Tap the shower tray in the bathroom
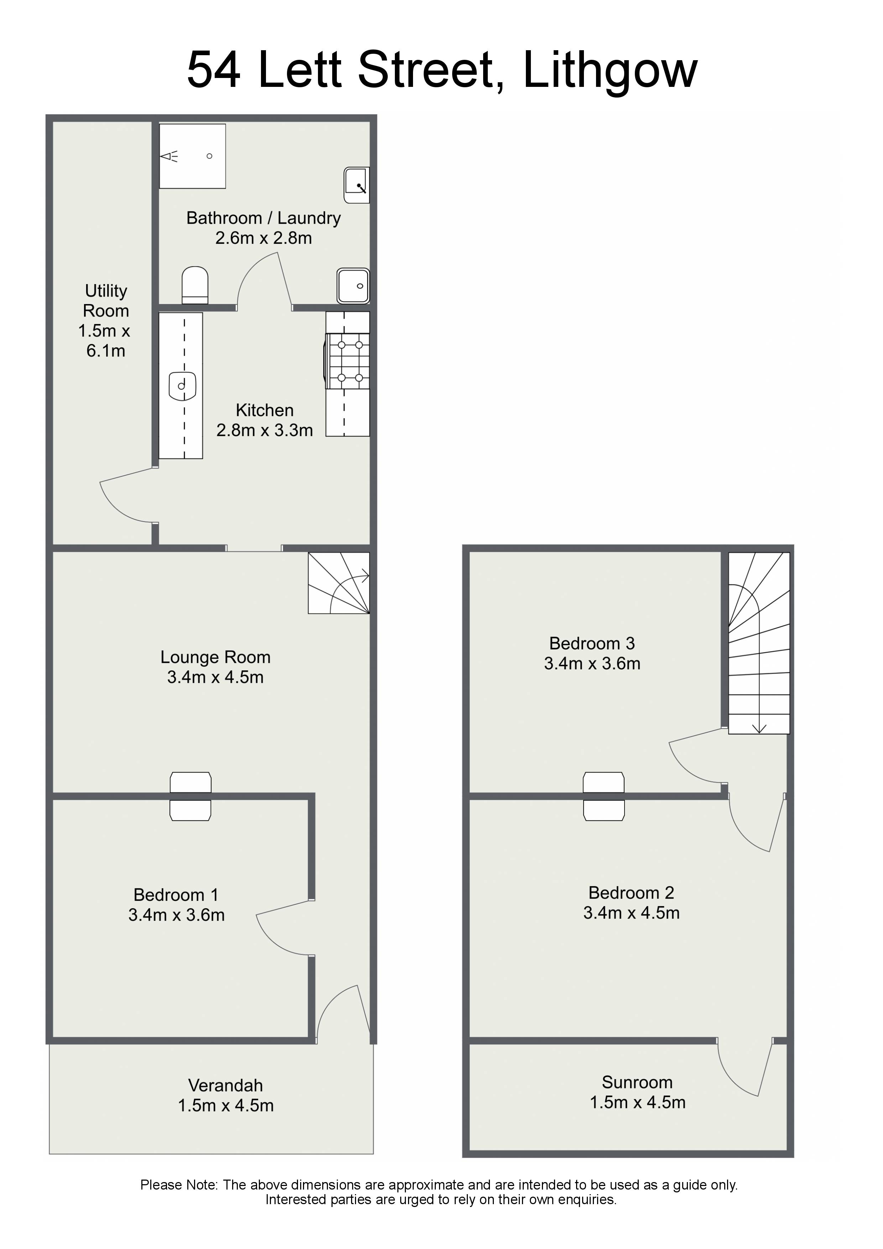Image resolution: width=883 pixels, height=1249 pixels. pyautogui.click(x=192, y=156)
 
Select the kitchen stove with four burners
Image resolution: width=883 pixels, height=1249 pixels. pyautogui.click(x=348, y=361)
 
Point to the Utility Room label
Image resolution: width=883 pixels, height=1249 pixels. pyautogui.click(x=105, y=301)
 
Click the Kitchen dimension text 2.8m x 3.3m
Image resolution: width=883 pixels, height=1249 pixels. pyautogui.click(x=265, y=430)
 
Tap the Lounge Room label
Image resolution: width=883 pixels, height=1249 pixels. pyautogui.click(x=215, y=657)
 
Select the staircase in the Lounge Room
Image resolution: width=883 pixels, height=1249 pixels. pyautogui.click(x=339, y=583)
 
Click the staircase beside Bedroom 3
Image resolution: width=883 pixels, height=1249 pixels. pyautogui.click(x=759, y=643)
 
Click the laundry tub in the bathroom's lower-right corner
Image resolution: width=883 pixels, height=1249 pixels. pyautogui.click(x=353, y=286)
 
